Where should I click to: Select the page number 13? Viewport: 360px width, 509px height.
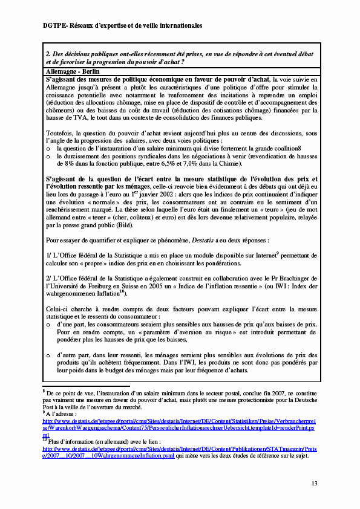click(314, 483)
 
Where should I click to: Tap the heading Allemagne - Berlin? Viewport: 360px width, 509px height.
click(73, 71)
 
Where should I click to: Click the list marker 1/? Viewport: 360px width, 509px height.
click(50, 256)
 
